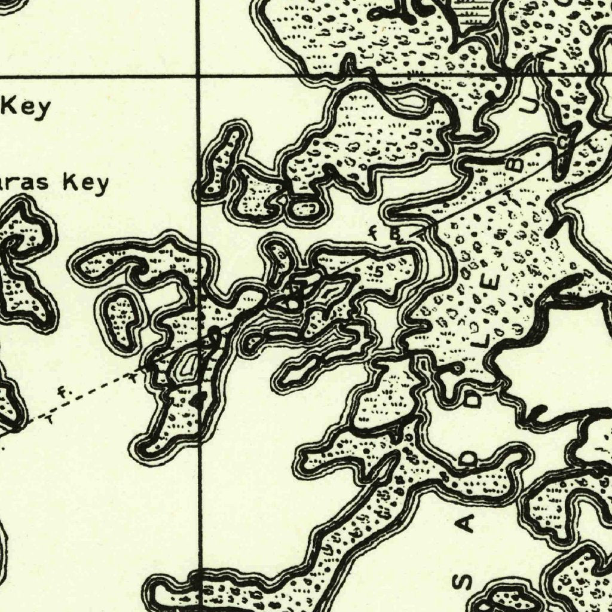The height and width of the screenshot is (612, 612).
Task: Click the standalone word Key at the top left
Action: (27, 107)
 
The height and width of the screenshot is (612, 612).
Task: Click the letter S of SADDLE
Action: (467, 582)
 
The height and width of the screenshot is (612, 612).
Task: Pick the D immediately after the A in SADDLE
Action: (470, 460)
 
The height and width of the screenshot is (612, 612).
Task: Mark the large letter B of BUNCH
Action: (517, 162)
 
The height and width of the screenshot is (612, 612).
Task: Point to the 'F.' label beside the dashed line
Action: (62, 393)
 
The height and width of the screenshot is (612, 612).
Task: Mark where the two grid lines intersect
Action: (198, 75)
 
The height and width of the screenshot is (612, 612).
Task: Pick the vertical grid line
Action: (199, 508)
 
